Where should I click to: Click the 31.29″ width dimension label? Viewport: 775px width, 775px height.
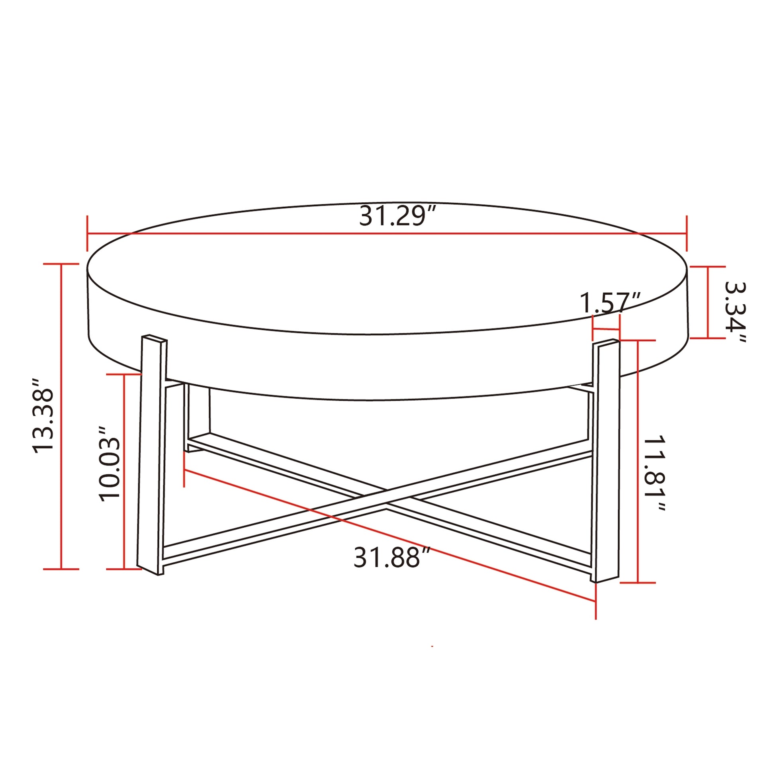[397, 216]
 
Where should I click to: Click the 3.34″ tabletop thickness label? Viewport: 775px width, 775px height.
[735, 313]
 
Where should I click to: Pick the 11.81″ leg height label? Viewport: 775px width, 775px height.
[654, 474]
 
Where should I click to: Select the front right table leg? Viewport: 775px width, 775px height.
[607, 461]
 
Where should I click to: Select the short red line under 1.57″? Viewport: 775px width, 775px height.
[606, 330]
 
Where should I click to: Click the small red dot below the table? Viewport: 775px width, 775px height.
[432, 646]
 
